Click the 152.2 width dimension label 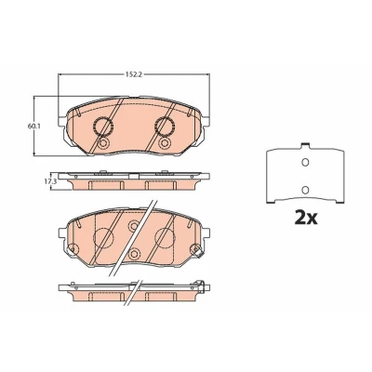click(133, 74)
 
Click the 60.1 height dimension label click(32, 126)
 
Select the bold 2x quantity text click(306, 218)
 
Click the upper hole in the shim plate click(305, 162)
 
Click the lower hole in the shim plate click(305, 189)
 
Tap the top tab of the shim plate click(305, 145)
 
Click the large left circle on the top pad click(103, 126)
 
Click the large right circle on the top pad click(165, 126)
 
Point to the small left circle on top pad click(103, 143)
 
